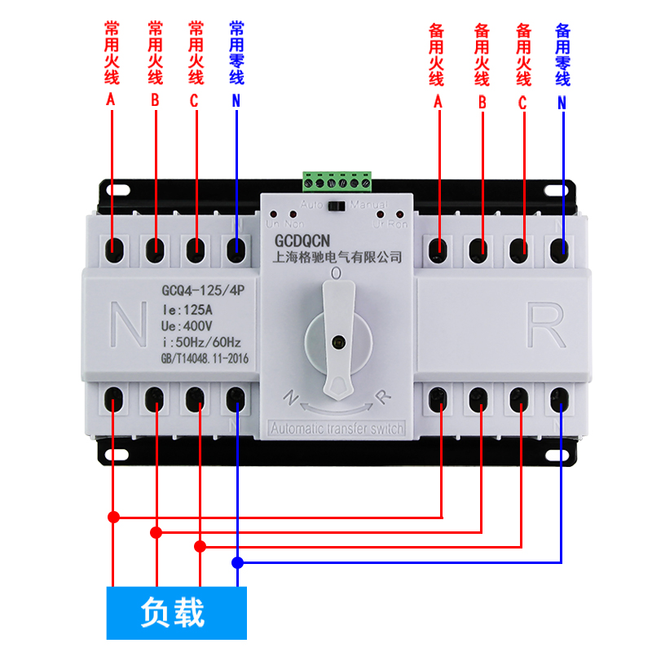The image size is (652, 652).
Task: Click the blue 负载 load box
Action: point(177,612)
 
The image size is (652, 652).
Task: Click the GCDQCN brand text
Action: point(312,242)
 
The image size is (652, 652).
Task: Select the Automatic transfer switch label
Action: point(336,429)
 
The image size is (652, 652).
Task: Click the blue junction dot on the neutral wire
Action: point(237,562)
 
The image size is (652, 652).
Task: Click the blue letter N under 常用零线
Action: point(236,101)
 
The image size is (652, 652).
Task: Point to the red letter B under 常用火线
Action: point(155,101)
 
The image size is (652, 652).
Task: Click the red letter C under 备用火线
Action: point(522,103)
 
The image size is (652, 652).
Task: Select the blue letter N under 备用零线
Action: point(562,103)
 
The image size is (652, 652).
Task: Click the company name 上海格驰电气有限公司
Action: point(336,258)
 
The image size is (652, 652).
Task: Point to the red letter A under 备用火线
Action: point(438,103)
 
